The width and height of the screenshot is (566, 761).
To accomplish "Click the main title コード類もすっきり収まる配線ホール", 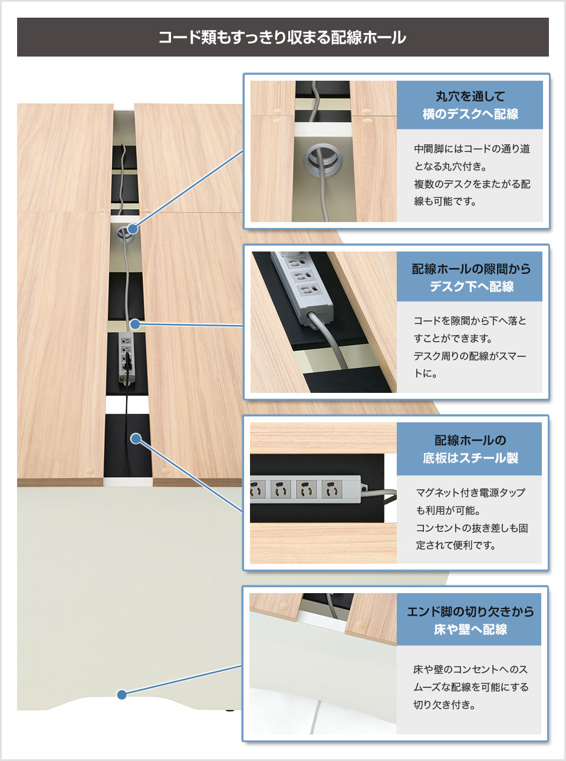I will (282, 37).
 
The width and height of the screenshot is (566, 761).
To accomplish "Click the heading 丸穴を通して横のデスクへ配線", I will (470, 105).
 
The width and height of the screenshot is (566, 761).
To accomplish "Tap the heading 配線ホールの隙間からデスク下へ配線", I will (470, 277).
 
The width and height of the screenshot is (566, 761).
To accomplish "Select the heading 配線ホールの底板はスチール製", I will (470, 449).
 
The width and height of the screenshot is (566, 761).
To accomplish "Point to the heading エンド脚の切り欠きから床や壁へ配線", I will (470, 620).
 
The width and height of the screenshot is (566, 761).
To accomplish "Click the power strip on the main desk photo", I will (126, 358).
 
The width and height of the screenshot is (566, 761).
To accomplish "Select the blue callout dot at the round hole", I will (133, 229).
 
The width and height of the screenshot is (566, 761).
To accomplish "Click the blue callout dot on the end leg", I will (122, 694).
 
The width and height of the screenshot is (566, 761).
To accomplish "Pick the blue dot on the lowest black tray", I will (136, 438).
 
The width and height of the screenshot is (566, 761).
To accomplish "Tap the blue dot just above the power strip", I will (135, 324).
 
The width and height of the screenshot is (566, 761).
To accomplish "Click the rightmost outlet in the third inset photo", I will (331, 489).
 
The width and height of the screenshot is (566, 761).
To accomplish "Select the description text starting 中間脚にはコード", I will (472, 175).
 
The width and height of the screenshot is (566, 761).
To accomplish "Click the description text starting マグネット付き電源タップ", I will (471, 518).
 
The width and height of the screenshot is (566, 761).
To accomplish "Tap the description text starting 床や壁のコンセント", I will (470, 687).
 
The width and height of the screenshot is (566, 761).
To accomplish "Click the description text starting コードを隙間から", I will (470, 347).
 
